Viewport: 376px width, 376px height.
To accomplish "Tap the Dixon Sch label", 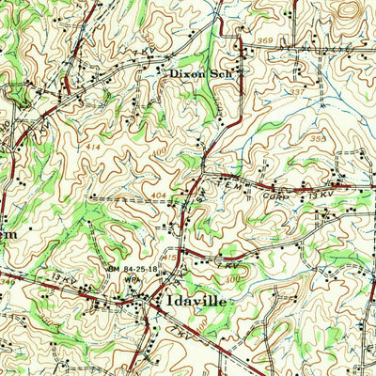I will (x=205, y=70).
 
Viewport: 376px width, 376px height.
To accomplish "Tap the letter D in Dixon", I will (x=174, y=70).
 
